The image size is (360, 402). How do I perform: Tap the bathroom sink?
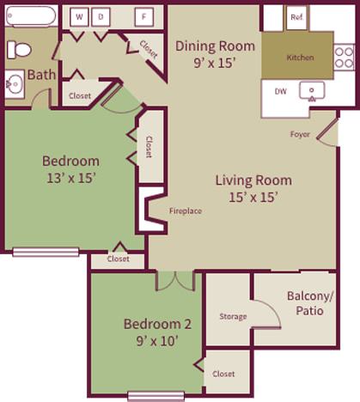tap(15, 83)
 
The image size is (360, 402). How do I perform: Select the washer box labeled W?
tap(80, 16)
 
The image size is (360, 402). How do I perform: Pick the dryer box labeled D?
tap(101, 16)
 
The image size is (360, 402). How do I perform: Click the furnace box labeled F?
tap(143, 16)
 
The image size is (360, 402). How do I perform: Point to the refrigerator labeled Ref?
tap(296, 17)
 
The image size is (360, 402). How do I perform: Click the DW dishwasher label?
tap(281, 91)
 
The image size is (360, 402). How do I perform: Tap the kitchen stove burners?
tap(344, 57)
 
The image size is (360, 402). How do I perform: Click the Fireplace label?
tap(185, 210)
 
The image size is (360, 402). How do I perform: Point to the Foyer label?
tap(300, 134)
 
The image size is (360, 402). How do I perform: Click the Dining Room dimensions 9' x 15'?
tap(215, 62)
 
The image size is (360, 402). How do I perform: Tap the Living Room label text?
tap(253, 180)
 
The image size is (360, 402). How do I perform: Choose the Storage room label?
tap(233, 316)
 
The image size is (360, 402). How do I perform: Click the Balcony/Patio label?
tap(305, 303)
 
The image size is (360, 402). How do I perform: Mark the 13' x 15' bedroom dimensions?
tap(71, 178)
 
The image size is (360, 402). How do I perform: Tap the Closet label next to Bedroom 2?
tap(223, 374)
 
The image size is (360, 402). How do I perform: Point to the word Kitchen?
tap(300, 58)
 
